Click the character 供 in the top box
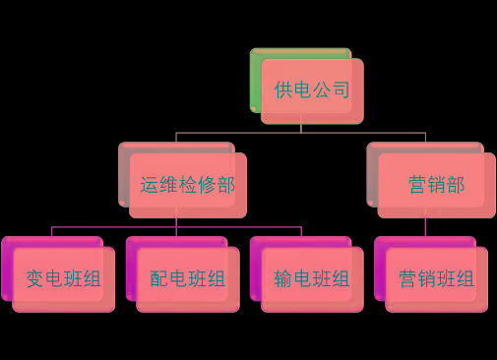click(x=283, y=90)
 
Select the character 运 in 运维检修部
click(x=150, y=184)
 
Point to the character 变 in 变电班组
click(x=35, y=279)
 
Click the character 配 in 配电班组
click(x=159, y=279)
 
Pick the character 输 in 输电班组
click(x=284, y=279)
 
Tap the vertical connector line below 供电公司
click(x=301, y=127)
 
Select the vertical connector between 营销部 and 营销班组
click(x=425, y=226)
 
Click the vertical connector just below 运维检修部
click(x=176, y=222)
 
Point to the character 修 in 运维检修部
click(x=207, y=184)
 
